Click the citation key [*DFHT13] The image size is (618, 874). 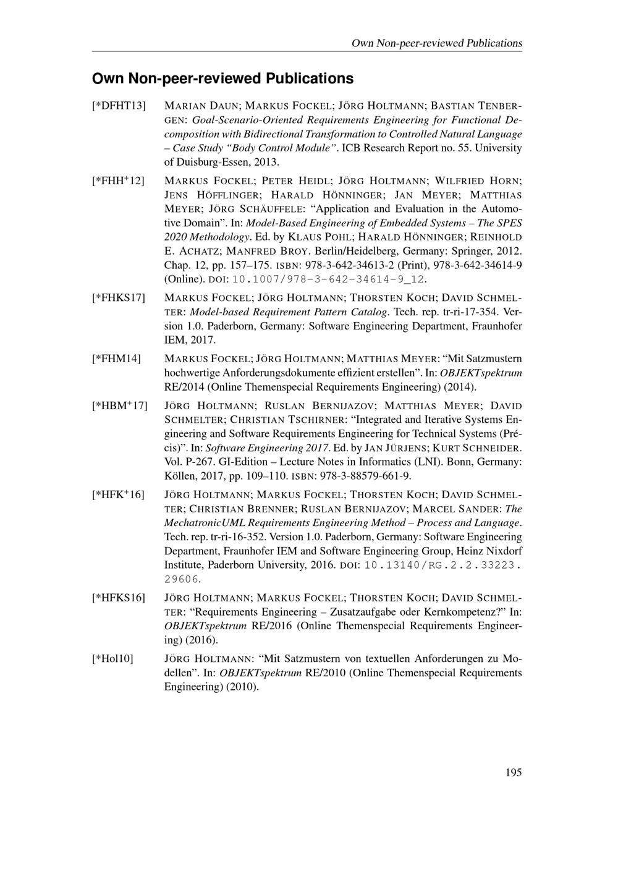pyautogui.click(x=119, y=106)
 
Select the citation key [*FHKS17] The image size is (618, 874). pyautogui.click(x=119, y=298)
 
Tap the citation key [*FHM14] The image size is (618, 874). pyautogui.click(x=116, y=359)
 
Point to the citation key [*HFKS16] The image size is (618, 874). pyautogui.click(x=119, y=598)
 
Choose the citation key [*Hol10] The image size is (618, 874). pyautogui.click(x=112, y=659)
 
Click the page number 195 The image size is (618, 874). pyautogui.click(x=514, y=772)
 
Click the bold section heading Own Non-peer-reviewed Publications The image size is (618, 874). pyautogui.click(x=222, y=79)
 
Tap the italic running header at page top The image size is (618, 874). pyautogui.click(x=436, y=43)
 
